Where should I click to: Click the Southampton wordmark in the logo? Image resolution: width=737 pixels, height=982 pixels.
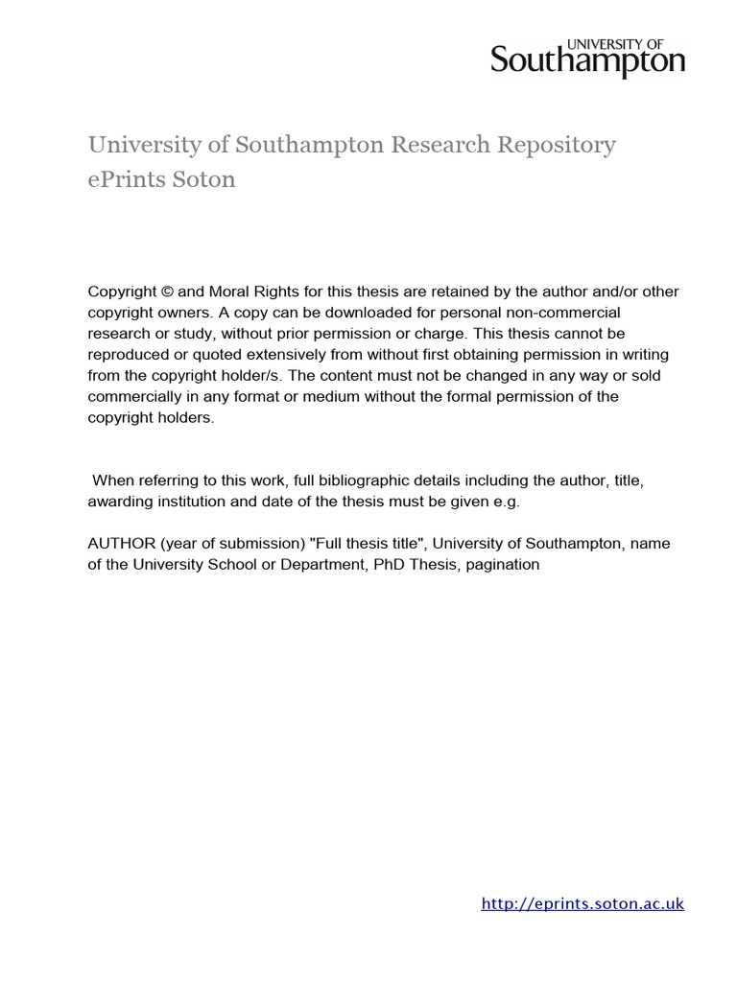coord(587,62)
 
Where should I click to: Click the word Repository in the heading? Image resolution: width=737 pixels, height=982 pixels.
coord(556,145)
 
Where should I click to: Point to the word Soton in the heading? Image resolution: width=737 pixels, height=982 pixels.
coord(204,179)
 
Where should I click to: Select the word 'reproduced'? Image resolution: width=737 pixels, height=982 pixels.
coord(131,355)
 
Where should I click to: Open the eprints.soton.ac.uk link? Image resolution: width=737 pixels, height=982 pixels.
coord(582,903)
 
